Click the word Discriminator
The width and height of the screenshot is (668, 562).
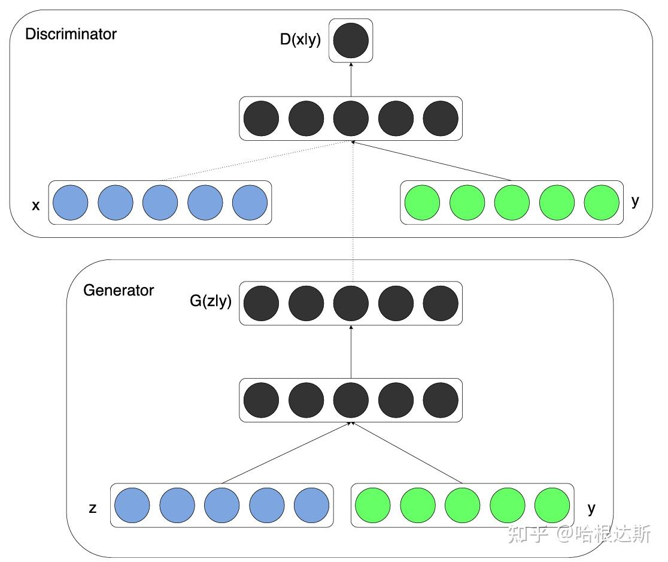point(71,34)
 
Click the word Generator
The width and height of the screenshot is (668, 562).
point(119,291)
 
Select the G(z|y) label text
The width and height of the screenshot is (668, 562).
point(211,301)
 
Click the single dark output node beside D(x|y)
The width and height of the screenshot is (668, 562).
point(351,41)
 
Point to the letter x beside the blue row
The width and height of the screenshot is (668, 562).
point(35,206)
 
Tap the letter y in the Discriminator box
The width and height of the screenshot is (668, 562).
point(635,201)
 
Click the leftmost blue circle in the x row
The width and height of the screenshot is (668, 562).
point(71,203)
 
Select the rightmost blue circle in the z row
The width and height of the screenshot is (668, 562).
point(311,506)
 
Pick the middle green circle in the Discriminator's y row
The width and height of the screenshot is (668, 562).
point(512,203)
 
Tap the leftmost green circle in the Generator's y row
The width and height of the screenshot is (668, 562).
point(373,506)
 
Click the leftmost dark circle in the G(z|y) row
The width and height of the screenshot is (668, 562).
point(261,303)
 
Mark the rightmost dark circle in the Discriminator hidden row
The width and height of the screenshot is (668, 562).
point(441,119)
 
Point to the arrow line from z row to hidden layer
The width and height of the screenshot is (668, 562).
point(286,453)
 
